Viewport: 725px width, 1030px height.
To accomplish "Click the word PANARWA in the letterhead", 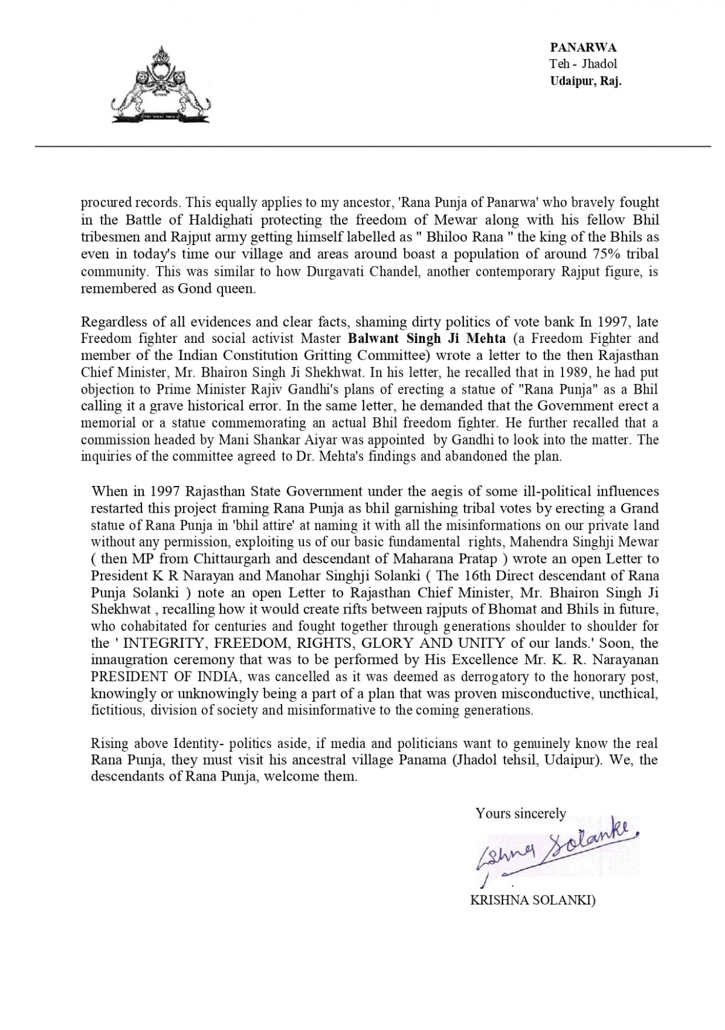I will (583, 48).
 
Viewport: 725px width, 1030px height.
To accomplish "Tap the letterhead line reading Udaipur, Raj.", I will (585, 81).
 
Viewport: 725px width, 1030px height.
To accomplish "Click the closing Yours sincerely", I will (520, 813).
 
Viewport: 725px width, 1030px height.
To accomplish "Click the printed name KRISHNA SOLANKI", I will (532, 901).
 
